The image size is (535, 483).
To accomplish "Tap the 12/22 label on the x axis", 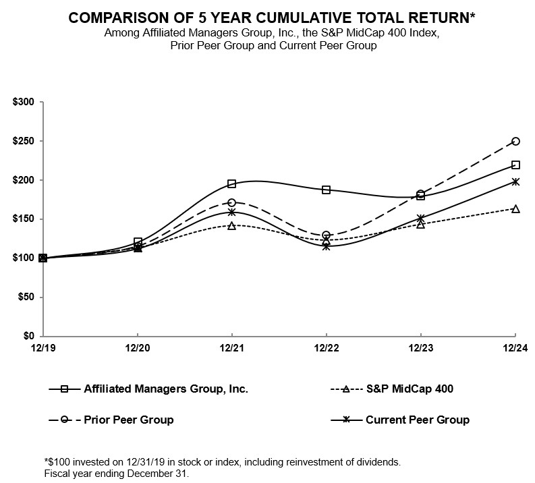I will (x=327, y=347).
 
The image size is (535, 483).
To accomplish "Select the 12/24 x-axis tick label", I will (x=515, y=347).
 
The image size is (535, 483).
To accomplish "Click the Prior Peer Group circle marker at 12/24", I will (x=515, y=141).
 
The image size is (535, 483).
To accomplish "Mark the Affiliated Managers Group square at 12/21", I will (x=232, y=183).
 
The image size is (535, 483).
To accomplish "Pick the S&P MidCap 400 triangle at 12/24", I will (x=515, y=209).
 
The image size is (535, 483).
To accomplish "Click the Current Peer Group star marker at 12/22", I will (x=327, y=246).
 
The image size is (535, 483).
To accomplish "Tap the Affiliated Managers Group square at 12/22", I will (x=327, y=190).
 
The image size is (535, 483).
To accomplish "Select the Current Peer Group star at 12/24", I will (x=515, y=181).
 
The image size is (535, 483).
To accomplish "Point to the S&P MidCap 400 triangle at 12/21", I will (x=232, y=226).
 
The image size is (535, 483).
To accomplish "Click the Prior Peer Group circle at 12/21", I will (x=232, y=202).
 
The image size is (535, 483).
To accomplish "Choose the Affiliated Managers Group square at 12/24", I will (x=515, y=165).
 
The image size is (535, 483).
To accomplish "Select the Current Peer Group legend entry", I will (x=417, y=420).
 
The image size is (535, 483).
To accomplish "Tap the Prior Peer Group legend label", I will (x=128, y=420).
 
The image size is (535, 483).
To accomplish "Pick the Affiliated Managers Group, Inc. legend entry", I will (x=166, y=389).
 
